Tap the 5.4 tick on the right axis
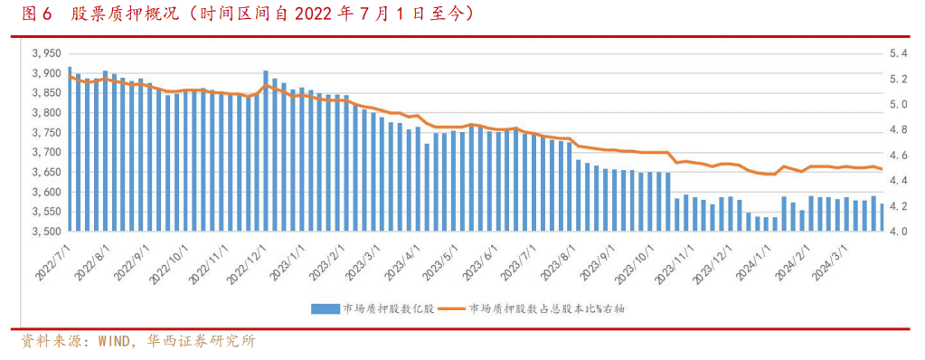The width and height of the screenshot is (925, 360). click(x=897, y=53)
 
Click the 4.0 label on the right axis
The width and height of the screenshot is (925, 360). click(x=897, y=232)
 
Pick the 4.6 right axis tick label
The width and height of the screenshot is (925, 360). click(x=897, y=156)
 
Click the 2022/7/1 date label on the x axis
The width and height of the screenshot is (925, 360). click(x=52, y=259)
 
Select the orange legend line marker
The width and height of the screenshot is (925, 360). click(x=451, y=308)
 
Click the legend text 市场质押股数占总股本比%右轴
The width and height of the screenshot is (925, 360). click(x=546, y=308)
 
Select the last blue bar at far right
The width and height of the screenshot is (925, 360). click(x=882, y=218)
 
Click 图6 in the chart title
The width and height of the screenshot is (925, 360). click(x=36, y=14)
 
